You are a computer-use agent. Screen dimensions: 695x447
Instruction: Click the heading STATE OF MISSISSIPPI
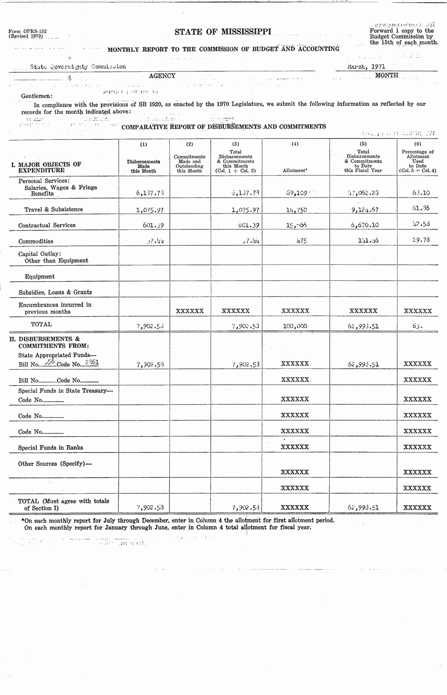(223, 31)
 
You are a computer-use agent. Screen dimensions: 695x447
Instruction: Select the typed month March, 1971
(366, 66)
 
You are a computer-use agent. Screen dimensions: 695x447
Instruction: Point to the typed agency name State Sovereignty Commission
(78, 66)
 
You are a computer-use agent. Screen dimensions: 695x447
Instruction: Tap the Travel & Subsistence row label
(54, 209)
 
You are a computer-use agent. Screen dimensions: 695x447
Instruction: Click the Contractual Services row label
(47, 225)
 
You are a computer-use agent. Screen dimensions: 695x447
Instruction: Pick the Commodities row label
(36, 241)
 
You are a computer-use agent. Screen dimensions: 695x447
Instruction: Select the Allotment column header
(295, 170)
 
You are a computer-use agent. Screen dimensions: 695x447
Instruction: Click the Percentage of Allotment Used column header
(417, 161)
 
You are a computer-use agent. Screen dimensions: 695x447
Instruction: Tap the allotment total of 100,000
(295, 326)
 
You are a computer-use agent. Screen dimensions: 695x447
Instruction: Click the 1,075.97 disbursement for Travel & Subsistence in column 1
(144, 210)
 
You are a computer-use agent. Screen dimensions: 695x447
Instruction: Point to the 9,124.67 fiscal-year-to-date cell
(363, 210)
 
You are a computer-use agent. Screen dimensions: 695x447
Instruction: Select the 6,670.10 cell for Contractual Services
(363, 225)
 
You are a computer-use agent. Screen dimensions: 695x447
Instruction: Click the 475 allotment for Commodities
(301, 241)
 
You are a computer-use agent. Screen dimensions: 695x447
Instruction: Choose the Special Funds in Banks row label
(50, 447)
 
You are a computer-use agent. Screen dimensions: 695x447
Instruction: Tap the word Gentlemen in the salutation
(37, 96)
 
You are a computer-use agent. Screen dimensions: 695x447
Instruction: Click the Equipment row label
(40, 276)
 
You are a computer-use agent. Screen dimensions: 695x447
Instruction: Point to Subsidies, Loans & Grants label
(55, 292)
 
